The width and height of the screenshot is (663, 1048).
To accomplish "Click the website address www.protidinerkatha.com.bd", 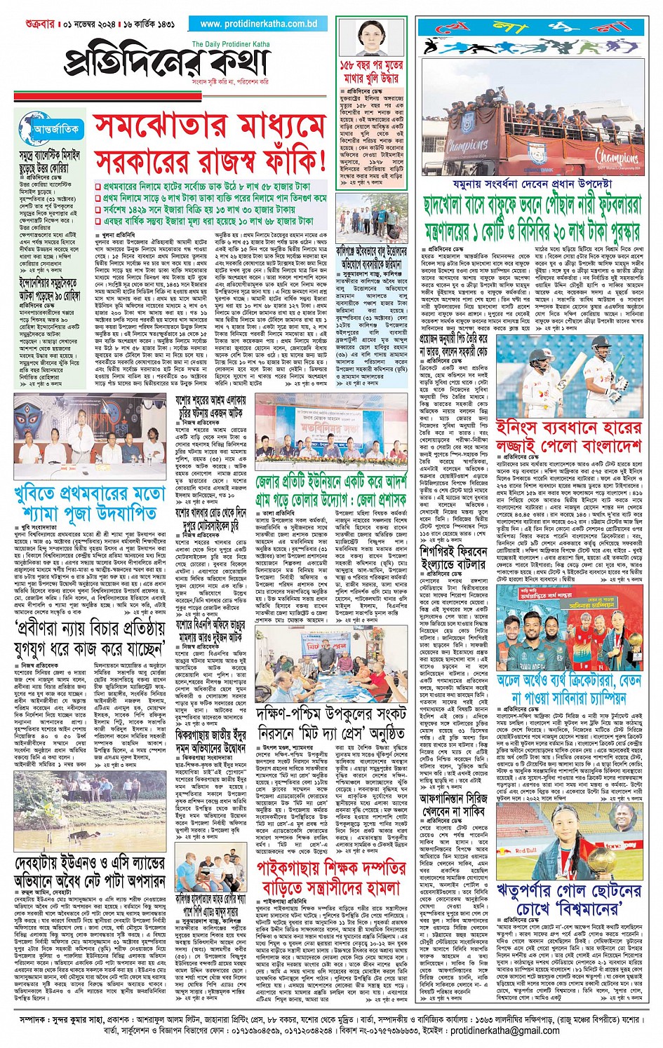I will pos(259,24).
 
